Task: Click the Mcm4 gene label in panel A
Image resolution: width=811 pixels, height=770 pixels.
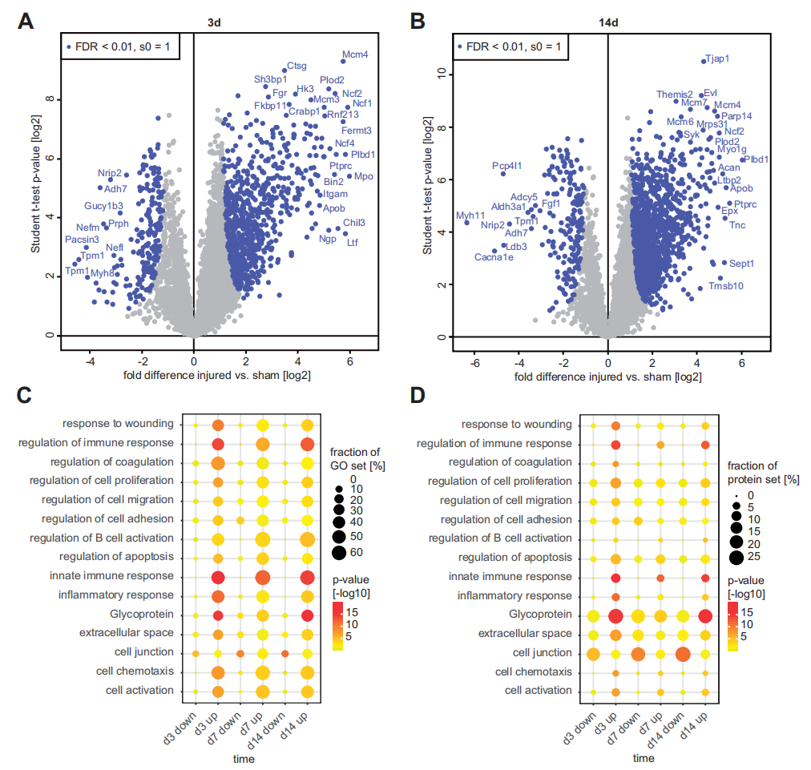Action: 354,55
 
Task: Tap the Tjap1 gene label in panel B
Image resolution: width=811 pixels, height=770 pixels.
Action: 716,58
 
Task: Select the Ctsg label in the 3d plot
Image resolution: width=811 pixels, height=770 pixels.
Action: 297,66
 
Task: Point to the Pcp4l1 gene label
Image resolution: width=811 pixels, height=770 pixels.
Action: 507,166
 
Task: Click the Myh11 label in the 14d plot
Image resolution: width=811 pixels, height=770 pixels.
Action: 470,216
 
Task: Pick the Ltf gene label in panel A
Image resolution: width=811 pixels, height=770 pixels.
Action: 353,242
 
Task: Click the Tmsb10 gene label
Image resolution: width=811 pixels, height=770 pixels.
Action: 726,285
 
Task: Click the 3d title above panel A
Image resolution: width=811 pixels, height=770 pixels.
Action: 214,23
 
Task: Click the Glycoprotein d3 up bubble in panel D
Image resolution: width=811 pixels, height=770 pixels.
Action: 615,616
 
